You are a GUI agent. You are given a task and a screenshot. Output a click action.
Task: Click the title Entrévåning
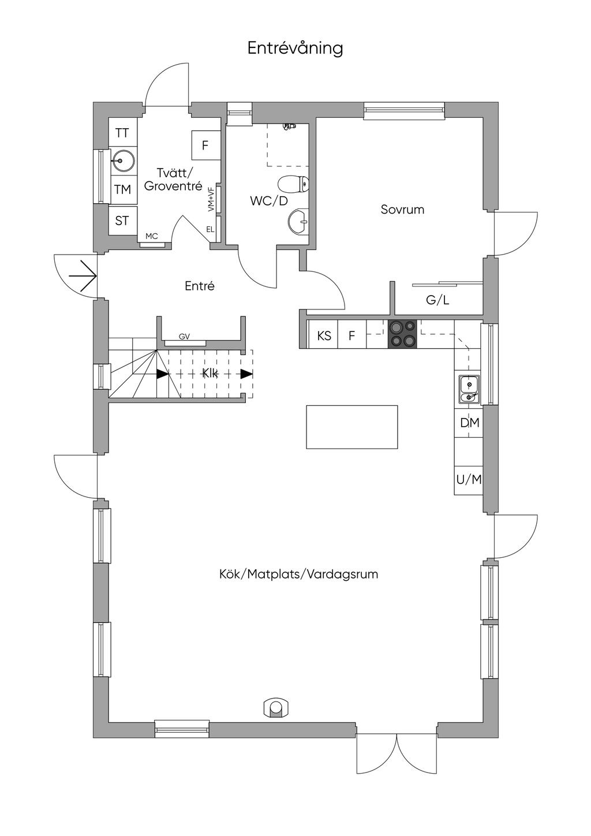(x=295, y=48)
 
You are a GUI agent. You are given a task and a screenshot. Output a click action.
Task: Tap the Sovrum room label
(x=402, y=210)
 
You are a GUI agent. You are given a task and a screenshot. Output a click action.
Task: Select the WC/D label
(x=268, y=201)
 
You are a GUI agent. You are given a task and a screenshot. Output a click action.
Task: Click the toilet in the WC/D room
(x=294, y=185)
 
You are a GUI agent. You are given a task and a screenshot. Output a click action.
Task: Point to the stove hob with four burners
(x=402, y=334)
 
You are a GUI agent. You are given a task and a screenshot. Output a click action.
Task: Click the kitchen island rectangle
(x=351, y=427)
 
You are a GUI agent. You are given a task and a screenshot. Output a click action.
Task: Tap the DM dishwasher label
(x=469, y=423)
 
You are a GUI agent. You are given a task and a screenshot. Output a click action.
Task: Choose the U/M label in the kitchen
(x=469, y=479)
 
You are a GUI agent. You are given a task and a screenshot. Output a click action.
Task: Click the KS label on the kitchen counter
(x=324, y=335)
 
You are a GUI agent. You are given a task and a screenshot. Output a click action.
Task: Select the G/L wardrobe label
(x=437, y=300)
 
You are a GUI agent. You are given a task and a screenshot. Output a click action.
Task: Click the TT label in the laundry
(x=122, y=133)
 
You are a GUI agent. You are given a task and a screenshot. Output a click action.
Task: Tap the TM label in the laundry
(x=122, y=189)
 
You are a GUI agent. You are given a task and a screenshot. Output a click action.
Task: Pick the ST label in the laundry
(x=122, y=221)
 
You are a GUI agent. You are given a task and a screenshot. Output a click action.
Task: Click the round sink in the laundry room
(x=122, y=161)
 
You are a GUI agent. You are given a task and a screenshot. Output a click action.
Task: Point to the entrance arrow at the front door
(x=83, y=276)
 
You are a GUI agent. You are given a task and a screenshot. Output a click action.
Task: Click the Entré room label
(x=200, y=286)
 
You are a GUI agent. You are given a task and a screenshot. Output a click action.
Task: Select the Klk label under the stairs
(x=210, y=374)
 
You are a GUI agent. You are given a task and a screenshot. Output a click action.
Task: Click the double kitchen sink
(x=469, y=389)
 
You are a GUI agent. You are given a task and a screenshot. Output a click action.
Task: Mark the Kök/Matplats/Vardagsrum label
(x=298, y=574)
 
